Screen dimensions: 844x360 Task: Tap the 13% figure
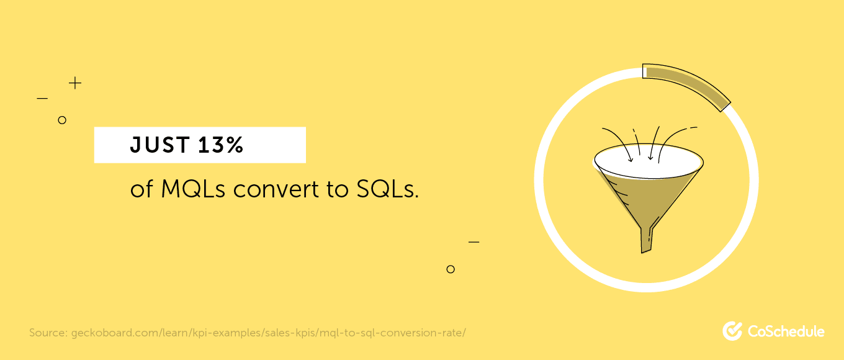coord(221,145)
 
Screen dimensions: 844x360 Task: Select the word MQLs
coord(193,189)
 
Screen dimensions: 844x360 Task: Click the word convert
coord(276,189)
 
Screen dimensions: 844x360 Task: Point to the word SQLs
coord(388,189)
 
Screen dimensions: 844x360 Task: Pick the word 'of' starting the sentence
coord(141,189)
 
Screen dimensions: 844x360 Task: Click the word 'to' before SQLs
coord(338,189)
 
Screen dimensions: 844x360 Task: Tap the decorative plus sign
coord(75,83)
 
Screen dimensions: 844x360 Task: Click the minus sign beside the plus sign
coord(42,99)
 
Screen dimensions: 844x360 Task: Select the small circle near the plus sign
coord(62,120)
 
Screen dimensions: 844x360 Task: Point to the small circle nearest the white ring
coord(451,269)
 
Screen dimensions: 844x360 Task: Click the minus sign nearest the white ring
coord(474,242)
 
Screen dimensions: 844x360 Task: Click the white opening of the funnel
coord(649,161)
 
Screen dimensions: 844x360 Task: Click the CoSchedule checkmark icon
coord(732,331)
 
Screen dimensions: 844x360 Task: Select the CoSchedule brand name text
coord(786,331)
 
